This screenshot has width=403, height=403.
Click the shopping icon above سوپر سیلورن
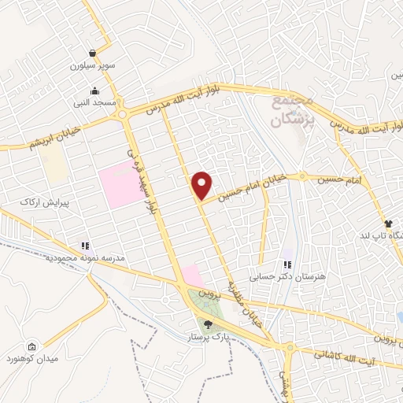94,54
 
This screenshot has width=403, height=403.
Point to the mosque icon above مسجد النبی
94,90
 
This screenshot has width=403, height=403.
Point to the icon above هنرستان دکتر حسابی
287,264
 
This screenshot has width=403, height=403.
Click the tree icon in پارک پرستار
208,324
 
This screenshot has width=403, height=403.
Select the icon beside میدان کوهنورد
31,347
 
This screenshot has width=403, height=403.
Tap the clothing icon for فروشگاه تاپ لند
387,224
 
